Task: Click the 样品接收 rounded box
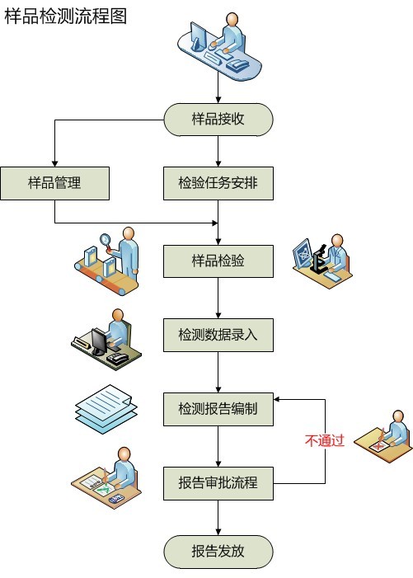coord(218,120)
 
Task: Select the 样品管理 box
coord(55,183)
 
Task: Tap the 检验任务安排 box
coord(218,183)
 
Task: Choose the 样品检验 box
coord(218,261)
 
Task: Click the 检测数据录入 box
coord(218,335)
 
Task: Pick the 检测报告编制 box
coord(218,409)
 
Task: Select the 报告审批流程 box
coord(218,483)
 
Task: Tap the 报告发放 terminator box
coord(218,552)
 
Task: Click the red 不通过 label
coord(325,440)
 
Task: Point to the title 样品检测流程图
coord(66,16)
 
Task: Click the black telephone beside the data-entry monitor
coord(117,359)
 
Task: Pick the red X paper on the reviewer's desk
coord(378,446)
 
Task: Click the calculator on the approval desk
coord(116,499)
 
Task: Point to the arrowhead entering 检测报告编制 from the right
coord(277,400)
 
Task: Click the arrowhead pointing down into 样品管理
coord(55,164)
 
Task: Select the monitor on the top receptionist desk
coord(198,37)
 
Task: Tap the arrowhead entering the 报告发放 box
coord(218,533)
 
